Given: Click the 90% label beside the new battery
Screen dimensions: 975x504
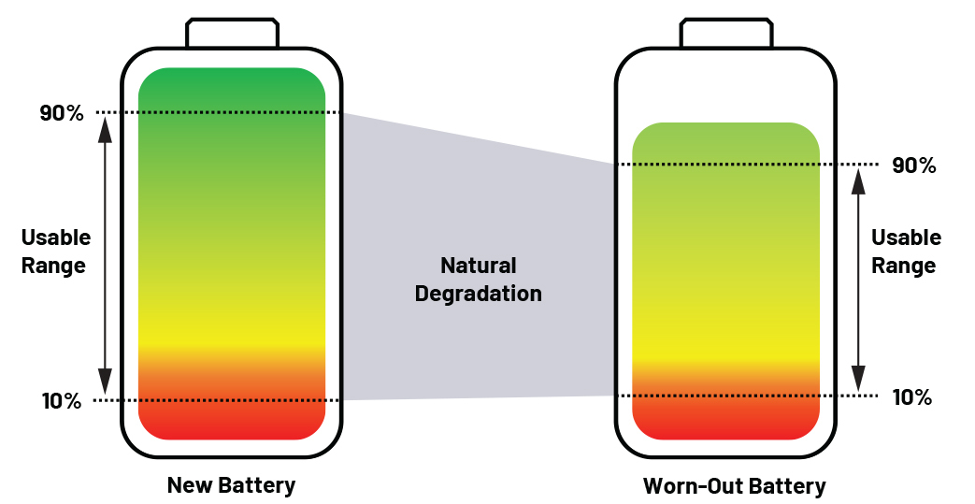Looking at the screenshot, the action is click(62, 113).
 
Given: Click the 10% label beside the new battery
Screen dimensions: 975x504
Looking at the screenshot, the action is click(62, 401).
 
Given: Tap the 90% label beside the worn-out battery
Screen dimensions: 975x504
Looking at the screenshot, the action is click(913, 166).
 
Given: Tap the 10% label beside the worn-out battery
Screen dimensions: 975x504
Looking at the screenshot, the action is click(912, 397).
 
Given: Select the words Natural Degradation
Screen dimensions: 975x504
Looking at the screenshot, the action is click(479, 280).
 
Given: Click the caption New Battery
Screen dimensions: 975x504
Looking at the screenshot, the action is click(231, 484).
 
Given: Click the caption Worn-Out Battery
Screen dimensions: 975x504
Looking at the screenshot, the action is click(735, 485).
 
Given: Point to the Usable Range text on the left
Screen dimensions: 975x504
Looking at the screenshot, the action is click(55, 252).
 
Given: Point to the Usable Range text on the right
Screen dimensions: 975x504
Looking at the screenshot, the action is click(906, 252).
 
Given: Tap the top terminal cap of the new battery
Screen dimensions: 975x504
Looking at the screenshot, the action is click(232, 33).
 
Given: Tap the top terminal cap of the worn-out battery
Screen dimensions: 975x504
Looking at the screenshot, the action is click(726, 33).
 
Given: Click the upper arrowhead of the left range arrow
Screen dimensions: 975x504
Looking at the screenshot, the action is click(105, 129).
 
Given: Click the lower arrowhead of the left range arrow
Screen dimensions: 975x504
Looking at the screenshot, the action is click(105, 382).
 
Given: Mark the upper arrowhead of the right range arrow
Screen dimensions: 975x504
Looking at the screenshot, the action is click(858, 181).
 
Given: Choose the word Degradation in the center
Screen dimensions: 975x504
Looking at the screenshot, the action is click(479, 293).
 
